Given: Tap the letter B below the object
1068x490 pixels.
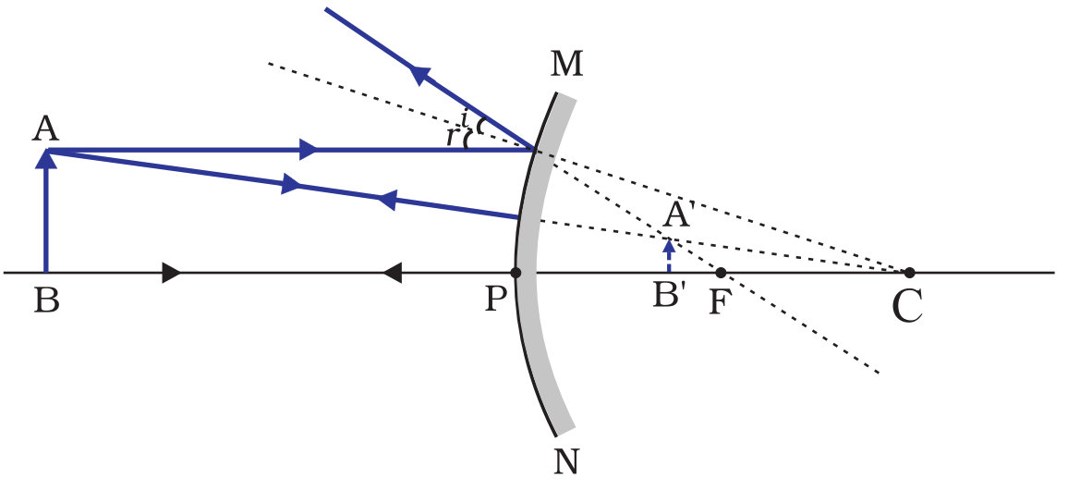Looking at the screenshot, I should [x=45, y=301].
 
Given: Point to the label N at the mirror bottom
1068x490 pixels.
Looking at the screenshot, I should [x=566, y=460].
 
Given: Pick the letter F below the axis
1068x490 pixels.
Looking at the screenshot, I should [x=720, y=302].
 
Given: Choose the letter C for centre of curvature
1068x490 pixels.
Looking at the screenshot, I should [x=907, y=306].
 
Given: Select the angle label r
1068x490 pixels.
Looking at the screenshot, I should [x=451, y=137].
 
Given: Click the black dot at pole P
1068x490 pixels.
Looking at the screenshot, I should [x=516, y=273].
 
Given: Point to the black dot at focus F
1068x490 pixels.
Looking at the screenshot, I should [x=721, y=273].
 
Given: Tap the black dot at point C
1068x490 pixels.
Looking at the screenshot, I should [x=909, y=273].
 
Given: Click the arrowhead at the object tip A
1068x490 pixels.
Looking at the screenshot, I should [x=45, y=159].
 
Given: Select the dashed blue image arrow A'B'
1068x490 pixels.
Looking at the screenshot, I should [x=669, y=256].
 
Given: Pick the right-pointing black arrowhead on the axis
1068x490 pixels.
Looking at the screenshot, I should [x=171, y=273].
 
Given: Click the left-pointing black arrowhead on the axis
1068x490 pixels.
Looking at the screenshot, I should [x=392, y=273].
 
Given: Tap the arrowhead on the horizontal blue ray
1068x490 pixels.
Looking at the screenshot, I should [x=309, y=149].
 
